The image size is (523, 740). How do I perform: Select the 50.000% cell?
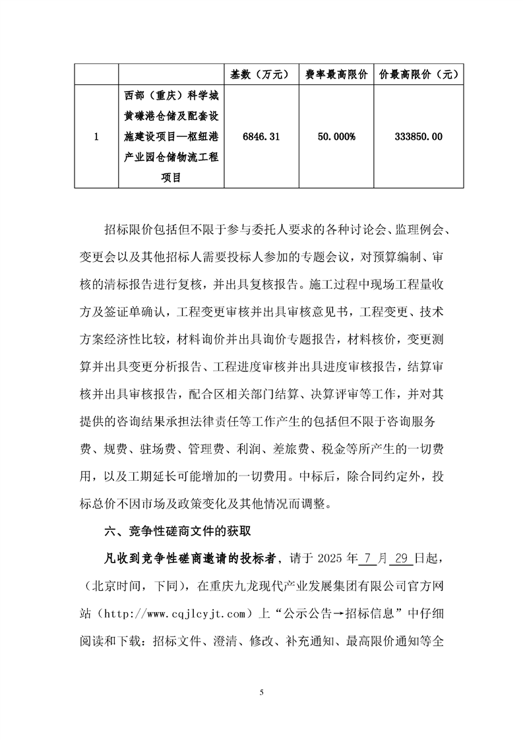tap(335, 137)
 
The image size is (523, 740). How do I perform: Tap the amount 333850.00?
tap(418, 137)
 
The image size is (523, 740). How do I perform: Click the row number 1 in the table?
tap(96, 137)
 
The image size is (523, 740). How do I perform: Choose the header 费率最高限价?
tap(336, 75)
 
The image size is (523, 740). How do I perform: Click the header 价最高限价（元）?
tap(419, 75)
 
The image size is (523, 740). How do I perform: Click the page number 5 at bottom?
tap(262, 692)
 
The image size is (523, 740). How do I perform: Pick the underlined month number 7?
tap(367, 560)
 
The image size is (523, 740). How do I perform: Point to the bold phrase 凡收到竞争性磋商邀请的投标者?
tap(182, 560)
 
